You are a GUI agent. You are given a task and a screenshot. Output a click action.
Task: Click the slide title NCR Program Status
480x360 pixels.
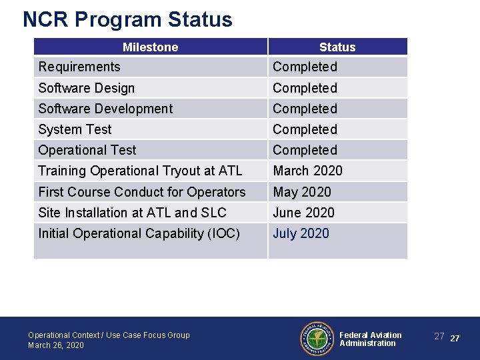127,19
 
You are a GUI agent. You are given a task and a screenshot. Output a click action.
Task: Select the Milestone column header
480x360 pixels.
150,47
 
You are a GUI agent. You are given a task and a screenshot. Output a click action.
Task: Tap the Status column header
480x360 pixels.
337,47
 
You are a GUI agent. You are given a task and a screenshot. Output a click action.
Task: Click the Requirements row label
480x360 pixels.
79,67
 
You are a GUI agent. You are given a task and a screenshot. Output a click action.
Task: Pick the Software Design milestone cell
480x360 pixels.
87,88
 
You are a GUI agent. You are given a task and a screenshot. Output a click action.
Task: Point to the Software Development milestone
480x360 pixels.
105,109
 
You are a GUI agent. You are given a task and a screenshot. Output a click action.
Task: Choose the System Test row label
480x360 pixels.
75,129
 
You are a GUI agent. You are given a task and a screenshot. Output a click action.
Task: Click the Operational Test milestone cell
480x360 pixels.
87,150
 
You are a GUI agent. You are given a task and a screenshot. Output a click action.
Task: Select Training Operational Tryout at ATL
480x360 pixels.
140,171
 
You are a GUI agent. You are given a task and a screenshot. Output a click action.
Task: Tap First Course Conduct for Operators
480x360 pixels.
142,192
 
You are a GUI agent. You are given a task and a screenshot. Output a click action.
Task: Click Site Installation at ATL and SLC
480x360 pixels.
132,213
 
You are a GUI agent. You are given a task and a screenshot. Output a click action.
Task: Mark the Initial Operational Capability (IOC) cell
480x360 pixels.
139,233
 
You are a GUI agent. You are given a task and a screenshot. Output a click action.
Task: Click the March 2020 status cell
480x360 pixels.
307,171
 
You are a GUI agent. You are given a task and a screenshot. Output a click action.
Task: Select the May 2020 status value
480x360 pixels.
302,192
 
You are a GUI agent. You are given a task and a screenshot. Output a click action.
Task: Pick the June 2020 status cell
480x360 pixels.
303,213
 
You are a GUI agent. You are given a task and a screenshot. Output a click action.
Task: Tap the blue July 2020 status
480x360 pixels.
301,233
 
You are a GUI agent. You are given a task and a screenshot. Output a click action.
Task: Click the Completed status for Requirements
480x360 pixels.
305,67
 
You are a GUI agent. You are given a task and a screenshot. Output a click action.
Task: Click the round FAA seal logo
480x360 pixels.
316,339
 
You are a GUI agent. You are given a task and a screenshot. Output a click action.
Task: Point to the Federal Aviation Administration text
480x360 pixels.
370,339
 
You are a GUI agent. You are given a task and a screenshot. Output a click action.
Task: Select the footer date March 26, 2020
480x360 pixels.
56,345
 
